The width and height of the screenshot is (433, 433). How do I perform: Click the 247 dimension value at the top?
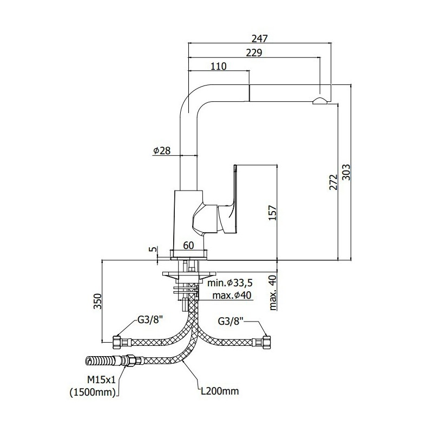coord(260,38)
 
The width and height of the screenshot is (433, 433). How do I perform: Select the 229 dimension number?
coord(254,53)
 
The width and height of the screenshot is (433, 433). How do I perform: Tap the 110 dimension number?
coord(219,66)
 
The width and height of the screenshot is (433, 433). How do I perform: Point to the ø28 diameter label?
coord(162,150)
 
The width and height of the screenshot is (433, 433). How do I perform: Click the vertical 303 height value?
coord(346,172)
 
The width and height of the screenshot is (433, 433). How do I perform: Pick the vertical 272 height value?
coord(334,182)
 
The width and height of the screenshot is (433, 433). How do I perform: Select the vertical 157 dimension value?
coord(273,213)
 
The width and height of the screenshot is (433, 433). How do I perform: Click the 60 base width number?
coord(188,245)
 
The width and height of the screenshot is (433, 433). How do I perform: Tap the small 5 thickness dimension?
coord(154,249)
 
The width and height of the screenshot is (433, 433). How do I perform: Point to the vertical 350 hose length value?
coord(97,301)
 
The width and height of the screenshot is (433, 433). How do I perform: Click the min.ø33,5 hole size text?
coord(230,283)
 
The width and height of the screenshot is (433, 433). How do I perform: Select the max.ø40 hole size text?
coord(232,295)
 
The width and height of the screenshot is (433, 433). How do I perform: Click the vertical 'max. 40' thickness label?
coord(273,293)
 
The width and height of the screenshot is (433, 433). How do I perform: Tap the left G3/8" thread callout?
coord(150,320)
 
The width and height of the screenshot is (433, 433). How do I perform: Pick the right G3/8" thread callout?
coord(231,321)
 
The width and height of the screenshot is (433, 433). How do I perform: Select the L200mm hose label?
coord(220,391)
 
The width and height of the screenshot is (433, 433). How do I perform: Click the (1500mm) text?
coord(93,392)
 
